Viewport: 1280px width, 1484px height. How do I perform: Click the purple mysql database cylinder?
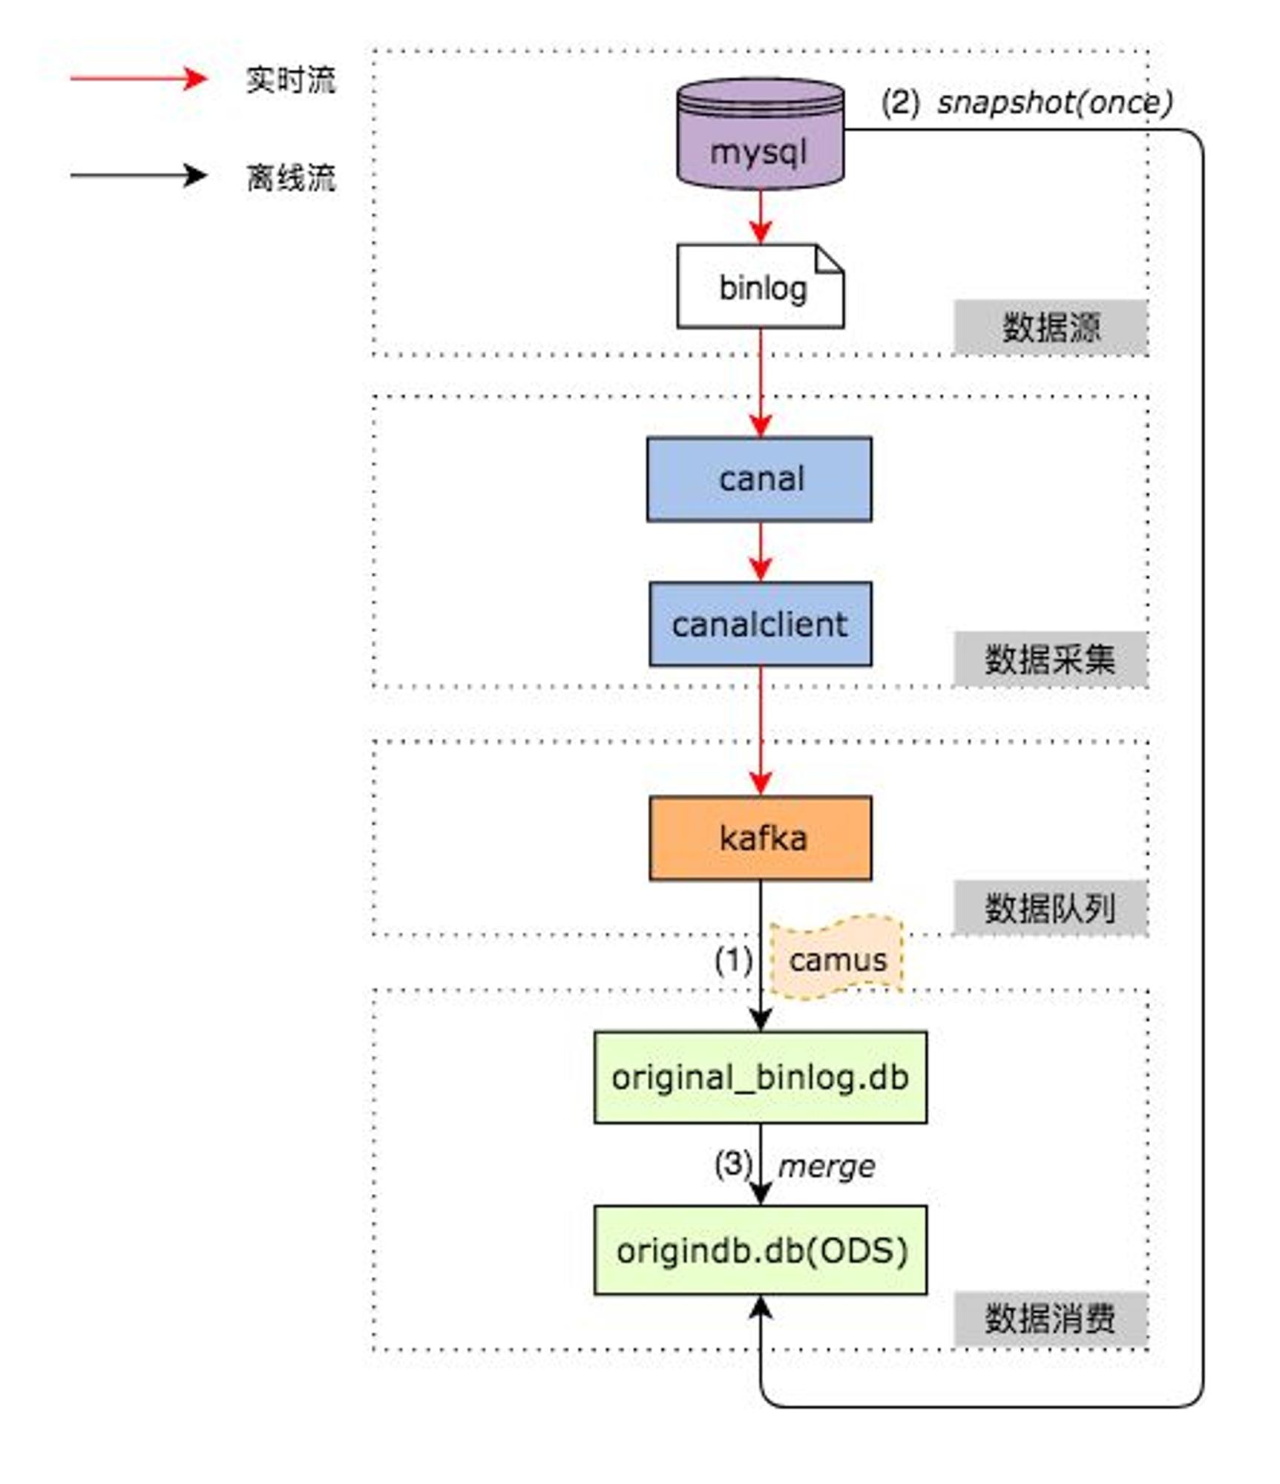click(x=760, y=134)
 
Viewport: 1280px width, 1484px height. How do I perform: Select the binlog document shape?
click(x=760, y=286)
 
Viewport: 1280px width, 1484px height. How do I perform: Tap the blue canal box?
click(x=759, y=479)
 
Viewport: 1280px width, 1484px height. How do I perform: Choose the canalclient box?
click(x=761, y=624)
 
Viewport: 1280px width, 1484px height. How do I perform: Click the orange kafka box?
click(x=761, y=838)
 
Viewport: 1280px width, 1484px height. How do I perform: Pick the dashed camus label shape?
click(x=837, y=958)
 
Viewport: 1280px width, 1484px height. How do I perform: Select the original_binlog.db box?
click(x=761, y=1077)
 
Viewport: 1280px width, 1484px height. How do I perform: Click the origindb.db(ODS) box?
click(x=761, y=1250)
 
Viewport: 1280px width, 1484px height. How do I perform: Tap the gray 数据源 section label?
click(x=1051, y=327)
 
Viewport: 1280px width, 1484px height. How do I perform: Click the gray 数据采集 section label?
click(x=1051, y=659)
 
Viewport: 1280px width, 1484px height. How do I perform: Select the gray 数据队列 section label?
click(x=1051, y=908)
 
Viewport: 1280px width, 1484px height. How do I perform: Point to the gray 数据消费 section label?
click(x=1051, y=1319)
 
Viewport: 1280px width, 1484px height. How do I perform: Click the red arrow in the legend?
click(x=139, y=78)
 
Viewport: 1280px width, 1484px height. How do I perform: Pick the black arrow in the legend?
click(x=139, y=176)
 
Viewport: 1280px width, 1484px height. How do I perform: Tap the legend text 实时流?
click(x=291, y=79)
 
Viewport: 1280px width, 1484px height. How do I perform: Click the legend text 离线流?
click(x=291, y=177)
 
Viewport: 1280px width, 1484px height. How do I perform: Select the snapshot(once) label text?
click(x=1055, y=102)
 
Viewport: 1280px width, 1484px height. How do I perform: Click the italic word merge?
click(x=826, y=1166)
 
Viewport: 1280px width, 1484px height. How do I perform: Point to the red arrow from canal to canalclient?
click(x=761, y=551)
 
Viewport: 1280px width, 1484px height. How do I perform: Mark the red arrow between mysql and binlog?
click(x=761, y=217)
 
